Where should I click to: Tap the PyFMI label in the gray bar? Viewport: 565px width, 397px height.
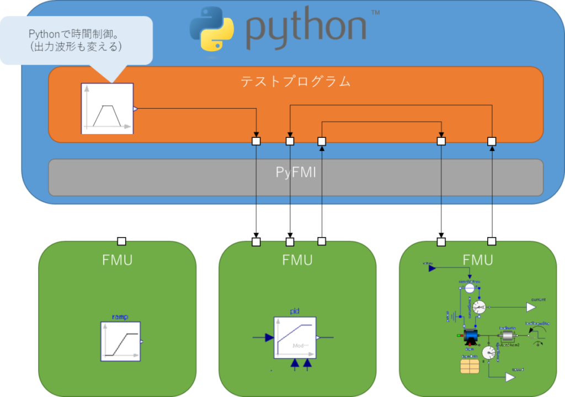(x=296, y=173)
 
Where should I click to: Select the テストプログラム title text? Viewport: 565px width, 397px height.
(x=296, y=82)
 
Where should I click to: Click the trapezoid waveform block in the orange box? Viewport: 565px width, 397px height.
(x=107, y=109)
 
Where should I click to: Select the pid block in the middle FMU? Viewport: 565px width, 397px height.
(x=295, y=337)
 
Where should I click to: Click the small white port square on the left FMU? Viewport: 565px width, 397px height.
(x=122, y=241)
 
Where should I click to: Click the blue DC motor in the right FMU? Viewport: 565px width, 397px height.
(x=471, y=336)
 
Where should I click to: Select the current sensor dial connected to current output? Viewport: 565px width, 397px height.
(x=479, y=307)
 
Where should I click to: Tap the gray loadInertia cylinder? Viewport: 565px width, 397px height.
(x=506, y=335)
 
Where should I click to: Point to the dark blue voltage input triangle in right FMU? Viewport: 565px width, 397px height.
(x=433, y=268)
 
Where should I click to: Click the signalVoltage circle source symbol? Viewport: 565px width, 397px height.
(x=469, y=288)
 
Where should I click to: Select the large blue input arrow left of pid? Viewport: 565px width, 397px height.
(x=268, y=337)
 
